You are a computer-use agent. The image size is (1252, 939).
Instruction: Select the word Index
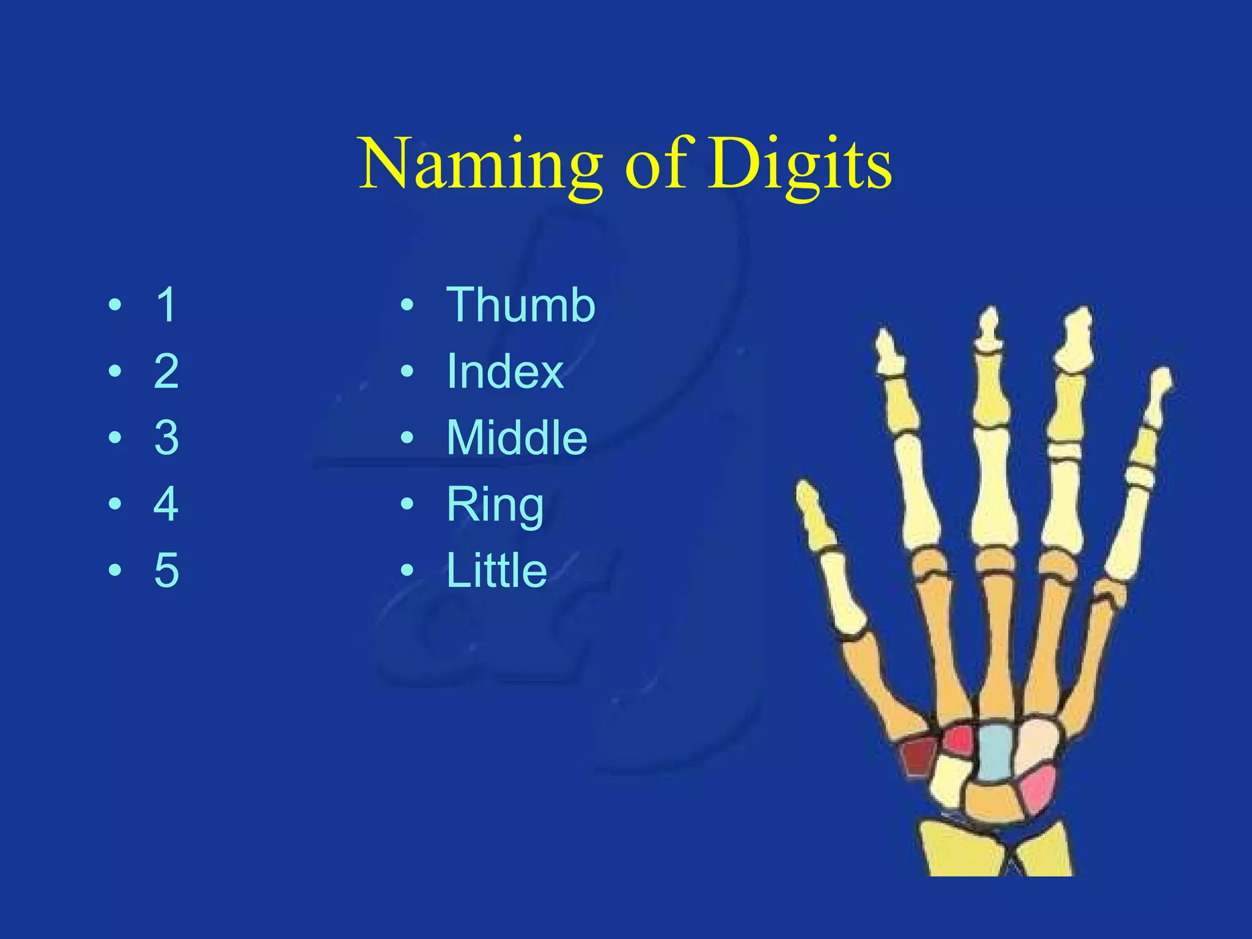tap(504, 371)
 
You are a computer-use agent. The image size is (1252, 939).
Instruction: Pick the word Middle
tap(517, 438)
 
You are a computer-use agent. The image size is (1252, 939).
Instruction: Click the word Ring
tap(495, 505)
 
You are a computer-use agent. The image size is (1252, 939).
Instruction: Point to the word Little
tap(496, 570)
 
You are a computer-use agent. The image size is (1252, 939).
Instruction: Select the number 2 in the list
tap(166, 371)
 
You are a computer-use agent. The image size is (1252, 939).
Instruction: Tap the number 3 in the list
tap(166, 438)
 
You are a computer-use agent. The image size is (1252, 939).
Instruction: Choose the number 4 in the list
tap(166, 504)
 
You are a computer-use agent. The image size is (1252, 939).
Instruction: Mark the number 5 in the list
tap(166, 570)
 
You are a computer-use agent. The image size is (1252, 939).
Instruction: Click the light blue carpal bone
tap(994, 751)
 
